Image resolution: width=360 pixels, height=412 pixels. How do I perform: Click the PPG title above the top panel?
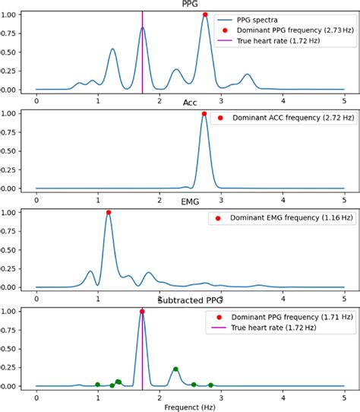pyautogui.click(x=190, y=5)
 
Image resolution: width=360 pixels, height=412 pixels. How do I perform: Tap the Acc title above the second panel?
pyautogui.click(x=190, y=103)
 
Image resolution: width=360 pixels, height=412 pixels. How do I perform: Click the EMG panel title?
pyautogui.click(x=190, y=201)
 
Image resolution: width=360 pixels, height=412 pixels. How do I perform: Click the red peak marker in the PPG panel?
pyautogui.click(x=205, y=14)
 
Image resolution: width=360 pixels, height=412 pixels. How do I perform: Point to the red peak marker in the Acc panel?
pyautogui.click(x=204, y=113)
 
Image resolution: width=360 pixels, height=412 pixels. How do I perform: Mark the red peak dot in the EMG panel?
pyautogui.click(x=109, y=213)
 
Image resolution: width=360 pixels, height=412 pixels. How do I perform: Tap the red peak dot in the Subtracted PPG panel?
pyautogui.click(x=142, y=312)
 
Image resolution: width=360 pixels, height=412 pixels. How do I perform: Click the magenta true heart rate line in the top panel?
pyautogui.click(x=143, y=53)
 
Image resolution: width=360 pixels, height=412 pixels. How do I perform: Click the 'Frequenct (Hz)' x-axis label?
pyautogui.click(x=190, y=407)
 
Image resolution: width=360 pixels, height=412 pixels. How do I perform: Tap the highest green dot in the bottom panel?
pyautogui.click(x=175, y=369)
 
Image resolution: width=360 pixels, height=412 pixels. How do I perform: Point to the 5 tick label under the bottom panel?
pyautogui.click(x=344, y=397)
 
